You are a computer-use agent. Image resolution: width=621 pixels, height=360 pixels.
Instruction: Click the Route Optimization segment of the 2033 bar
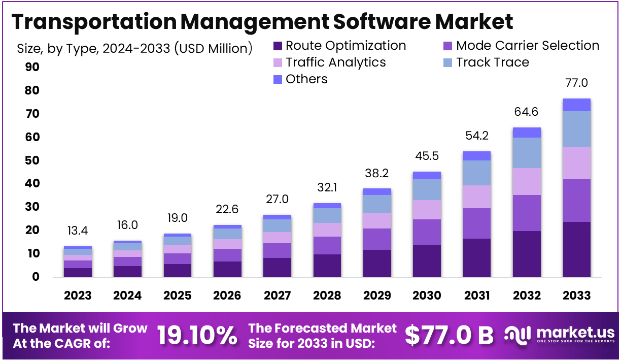click(x=576, y=249)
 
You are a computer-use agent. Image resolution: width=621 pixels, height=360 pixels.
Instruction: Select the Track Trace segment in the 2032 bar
click(x=527, y=153)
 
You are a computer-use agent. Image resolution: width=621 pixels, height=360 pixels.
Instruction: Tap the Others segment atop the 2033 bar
click(x=576, y=105)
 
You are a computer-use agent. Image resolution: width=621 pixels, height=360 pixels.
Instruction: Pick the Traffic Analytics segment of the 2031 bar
click(x=477, y=197)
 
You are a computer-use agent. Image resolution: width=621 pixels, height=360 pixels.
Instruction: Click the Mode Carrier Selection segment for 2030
click(x=427, y=232)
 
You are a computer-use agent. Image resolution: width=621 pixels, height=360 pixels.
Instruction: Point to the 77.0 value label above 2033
click(x=576, y=83)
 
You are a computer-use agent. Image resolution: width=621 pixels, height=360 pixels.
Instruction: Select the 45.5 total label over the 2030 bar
click(x=427, y=156)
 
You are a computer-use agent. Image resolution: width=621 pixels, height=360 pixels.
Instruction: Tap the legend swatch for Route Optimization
click(x=278, y=46)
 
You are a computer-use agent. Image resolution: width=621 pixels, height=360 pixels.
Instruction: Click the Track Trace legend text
click(x=492, y=62)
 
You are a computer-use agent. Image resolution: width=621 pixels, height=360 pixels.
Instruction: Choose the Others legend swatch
click(x=278, y=80)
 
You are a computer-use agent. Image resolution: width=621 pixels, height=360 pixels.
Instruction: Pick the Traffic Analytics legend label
click(x=335, y=62)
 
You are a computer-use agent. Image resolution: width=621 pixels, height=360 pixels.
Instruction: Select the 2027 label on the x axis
click(x=278, y=296)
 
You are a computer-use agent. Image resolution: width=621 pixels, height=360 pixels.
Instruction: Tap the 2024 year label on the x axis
click(x=127, y=296)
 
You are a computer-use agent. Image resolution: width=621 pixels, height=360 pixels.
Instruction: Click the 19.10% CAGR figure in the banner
click(x=196, y=335)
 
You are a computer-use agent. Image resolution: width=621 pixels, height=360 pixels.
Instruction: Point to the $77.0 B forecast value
click(x=449, y=335)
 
